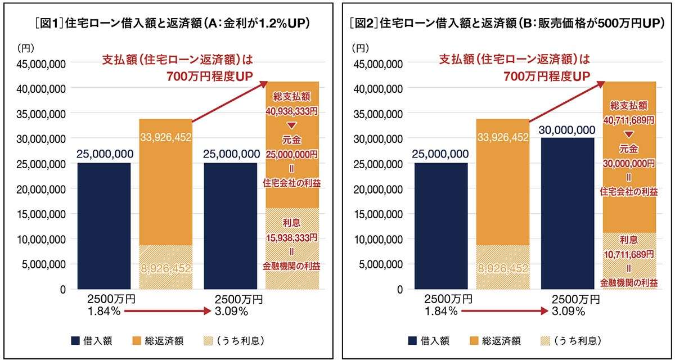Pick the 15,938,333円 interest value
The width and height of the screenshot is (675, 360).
(x=292, y=238)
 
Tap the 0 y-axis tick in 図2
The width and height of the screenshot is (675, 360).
(x=398, y=289)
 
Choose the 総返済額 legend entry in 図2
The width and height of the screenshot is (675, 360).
(x=495, y=340)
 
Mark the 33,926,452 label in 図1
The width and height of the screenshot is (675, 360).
(x=165, y=137)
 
